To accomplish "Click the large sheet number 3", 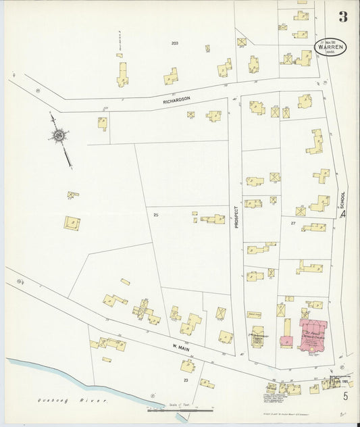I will pyautogui.click(x=342, y=17).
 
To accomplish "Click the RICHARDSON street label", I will pyautogui.click(x=176, y=99).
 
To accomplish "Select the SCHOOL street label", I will pyautogui.click(x=343, y=199).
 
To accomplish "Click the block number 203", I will pyautogui.click(x=174, y=43).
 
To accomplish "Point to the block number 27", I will pyautogui.click(x=293, y=222).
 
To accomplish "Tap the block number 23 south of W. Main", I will pyautogui.click(x=185, y=380).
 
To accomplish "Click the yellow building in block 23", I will pyautogui.click(x=187, y=367).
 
